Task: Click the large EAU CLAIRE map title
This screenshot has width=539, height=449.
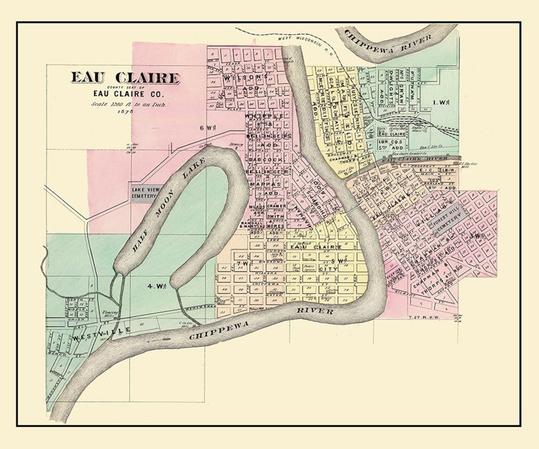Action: pyautogui.click(x=125, y=78)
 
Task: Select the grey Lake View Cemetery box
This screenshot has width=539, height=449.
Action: pyautogui.click(x=144, y=193)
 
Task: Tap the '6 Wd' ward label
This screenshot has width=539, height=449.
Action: pyautogui.click(x=206, y=128)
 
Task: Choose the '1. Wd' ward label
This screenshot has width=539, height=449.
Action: pyautogui.click(x=441, y=102)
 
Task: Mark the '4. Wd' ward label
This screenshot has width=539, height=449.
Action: pyautogui.click(x=156, y=286)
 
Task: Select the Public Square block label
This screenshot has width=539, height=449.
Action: pyautogui.click(x=309, y=267)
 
